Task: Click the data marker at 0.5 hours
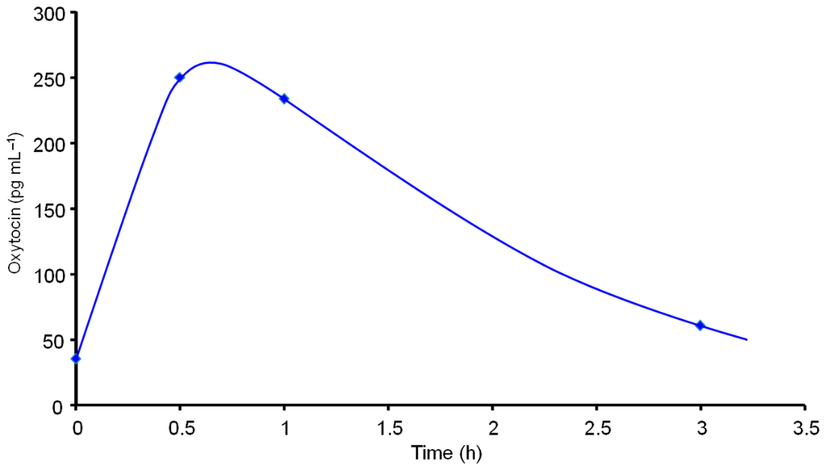point(180,78)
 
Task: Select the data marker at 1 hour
point(284,99)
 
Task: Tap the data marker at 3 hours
point(700,326)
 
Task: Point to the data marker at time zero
point(76,359)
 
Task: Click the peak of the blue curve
point(211,62)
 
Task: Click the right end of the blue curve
point(747,339)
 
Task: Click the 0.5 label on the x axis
point(180,427)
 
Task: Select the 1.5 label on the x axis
point(388,427)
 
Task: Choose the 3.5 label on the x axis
point(804,427)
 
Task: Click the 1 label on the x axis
point(284,427)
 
